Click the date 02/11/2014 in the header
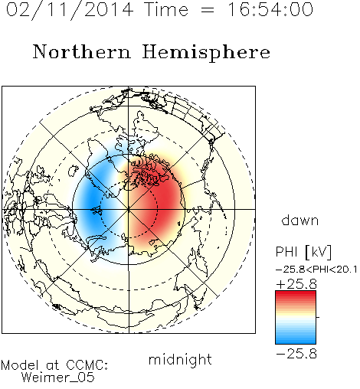coord(70,10)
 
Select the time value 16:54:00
coord(270,9)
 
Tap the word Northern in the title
coord(82,51)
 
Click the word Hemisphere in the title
coord(206,53)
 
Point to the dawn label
coord(300,220)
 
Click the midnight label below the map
coord(180,361)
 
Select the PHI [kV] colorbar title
coord(303,252)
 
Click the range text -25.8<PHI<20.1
coord(316,270)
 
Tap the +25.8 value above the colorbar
coord(296,284)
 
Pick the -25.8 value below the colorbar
coord(296,354)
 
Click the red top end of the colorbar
coord(296,293)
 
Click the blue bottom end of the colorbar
coord(296,342)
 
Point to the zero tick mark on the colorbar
coord(318,317)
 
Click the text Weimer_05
coord(58,378)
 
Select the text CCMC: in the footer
coord(87,365)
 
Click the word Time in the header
coord(166,9)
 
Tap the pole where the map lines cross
coord(129,209)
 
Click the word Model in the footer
coord(20,365)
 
